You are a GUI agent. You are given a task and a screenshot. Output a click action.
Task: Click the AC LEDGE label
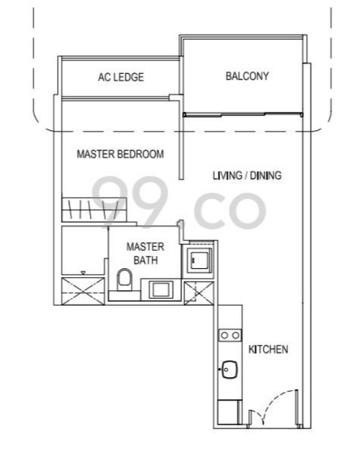tap(121, 77)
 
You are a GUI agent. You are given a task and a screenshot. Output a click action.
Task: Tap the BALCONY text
tap(247, 76)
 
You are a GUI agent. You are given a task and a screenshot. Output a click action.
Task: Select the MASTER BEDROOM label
tap(120, 154)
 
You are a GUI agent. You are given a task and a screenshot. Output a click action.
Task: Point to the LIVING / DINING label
tap(247, 175)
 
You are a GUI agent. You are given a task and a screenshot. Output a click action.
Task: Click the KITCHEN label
tap(268, 349)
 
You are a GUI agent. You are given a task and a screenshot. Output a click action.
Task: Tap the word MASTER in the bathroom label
tap(145, 247)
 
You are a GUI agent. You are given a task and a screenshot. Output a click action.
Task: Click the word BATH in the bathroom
tap(145, 260)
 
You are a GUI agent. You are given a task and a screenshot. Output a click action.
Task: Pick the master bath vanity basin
tap(159, 289)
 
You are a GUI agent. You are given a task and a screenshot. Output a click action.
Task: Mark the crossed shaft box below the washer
tap(197, 293)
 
